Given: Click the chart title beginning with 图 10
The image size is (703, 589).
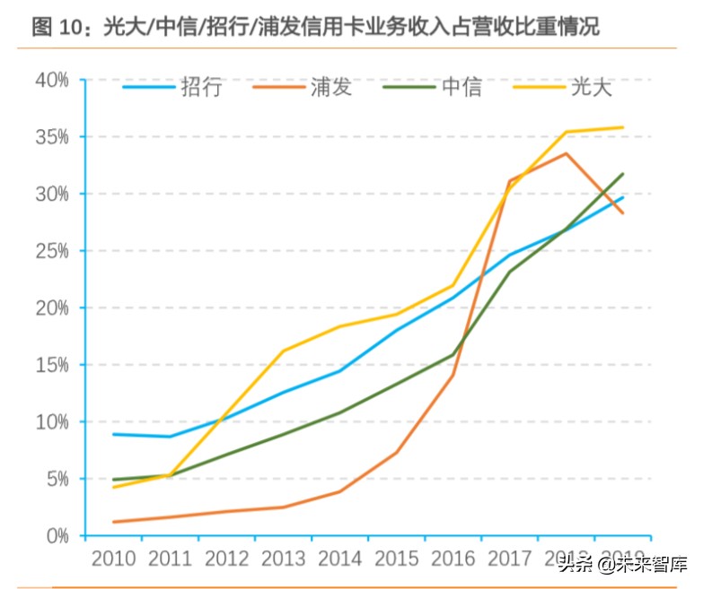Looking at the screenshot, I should pos(315,27).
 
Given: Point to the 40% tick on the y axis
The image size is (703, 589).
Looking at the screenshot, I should pos(51,81).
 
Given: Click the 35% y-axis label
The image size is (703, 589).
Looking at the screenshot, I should pos(51,137).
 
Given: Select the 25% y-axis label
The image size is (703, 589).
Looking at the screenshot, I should pos(51,251).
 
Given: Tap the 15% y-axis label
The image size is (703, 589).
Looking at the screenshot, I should pos(51,365).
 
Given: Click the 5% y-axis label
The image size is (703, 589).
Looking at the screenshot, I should pos(56,479).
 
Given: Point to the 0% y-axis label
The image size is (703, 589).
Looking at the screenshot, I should pos(56,536).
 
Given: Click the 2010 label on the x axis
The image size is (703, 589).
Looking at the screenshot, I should pos(113,559).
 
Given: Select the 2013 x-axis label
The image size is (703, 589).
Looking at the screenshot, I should pos(284,559).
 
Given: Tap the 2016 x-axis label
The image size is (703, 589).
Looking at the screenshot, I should pos(453,559).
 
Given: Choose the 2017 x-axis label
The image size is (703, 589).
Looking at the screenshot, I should pos(510,559).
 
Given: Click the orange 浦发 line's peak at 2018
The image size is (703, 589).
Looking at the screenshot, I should pos(566,153).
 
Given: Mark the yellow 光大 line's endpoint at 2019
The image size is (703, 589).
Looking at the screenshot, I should pos(622,127).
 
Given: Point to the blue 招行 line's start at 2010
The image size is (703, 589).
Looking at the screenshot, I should pos(114,434).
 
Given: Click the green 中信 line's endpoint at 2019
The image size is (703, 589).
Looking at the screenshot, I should pos(622,174).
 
